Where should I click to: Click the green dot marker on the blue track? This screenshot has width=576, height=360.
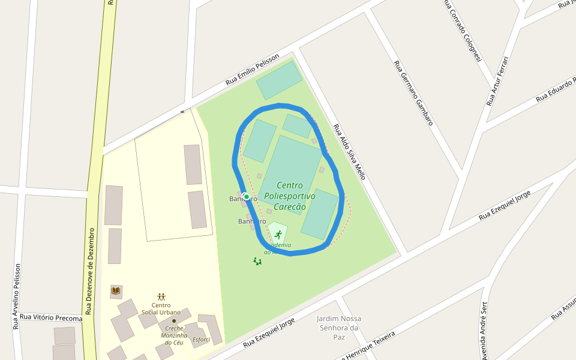point(246,197)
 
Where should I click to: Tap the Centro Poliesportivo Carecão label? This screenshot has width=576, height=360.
point(290,196)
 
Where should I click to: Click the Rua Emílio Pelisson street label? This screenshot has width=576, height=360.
point(253,70)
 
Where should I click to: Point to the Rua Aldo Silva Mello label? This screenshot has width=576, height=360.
point(349,152)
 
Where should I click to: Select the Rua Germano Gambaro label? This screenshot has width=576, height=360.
point(413,92)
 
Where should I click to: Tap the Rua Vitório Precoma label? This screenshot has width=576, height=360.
point(50,317)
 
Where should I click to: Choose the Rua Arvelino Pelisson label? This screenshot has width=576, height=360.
point(17,296)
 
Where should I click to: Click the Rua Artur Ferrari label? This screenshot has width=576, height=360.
point(497,81)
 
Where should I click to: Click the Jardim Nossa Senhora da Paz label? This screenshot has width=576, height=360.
point(339,328)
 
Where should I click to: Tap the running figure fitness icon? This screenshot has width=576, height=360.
point(277,234)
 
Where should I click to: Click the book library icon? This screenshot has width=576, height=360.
point(116,291)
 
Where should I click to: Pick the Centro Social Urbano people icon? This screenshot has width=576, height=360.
point(161,296)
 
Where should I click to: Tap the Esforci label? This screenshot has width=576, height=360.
point(201,340)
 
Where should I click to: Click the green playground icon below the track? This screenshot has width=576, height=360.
point(257,261)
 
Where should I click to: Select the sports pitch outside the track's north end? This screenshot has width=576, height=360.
point(279,80)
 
